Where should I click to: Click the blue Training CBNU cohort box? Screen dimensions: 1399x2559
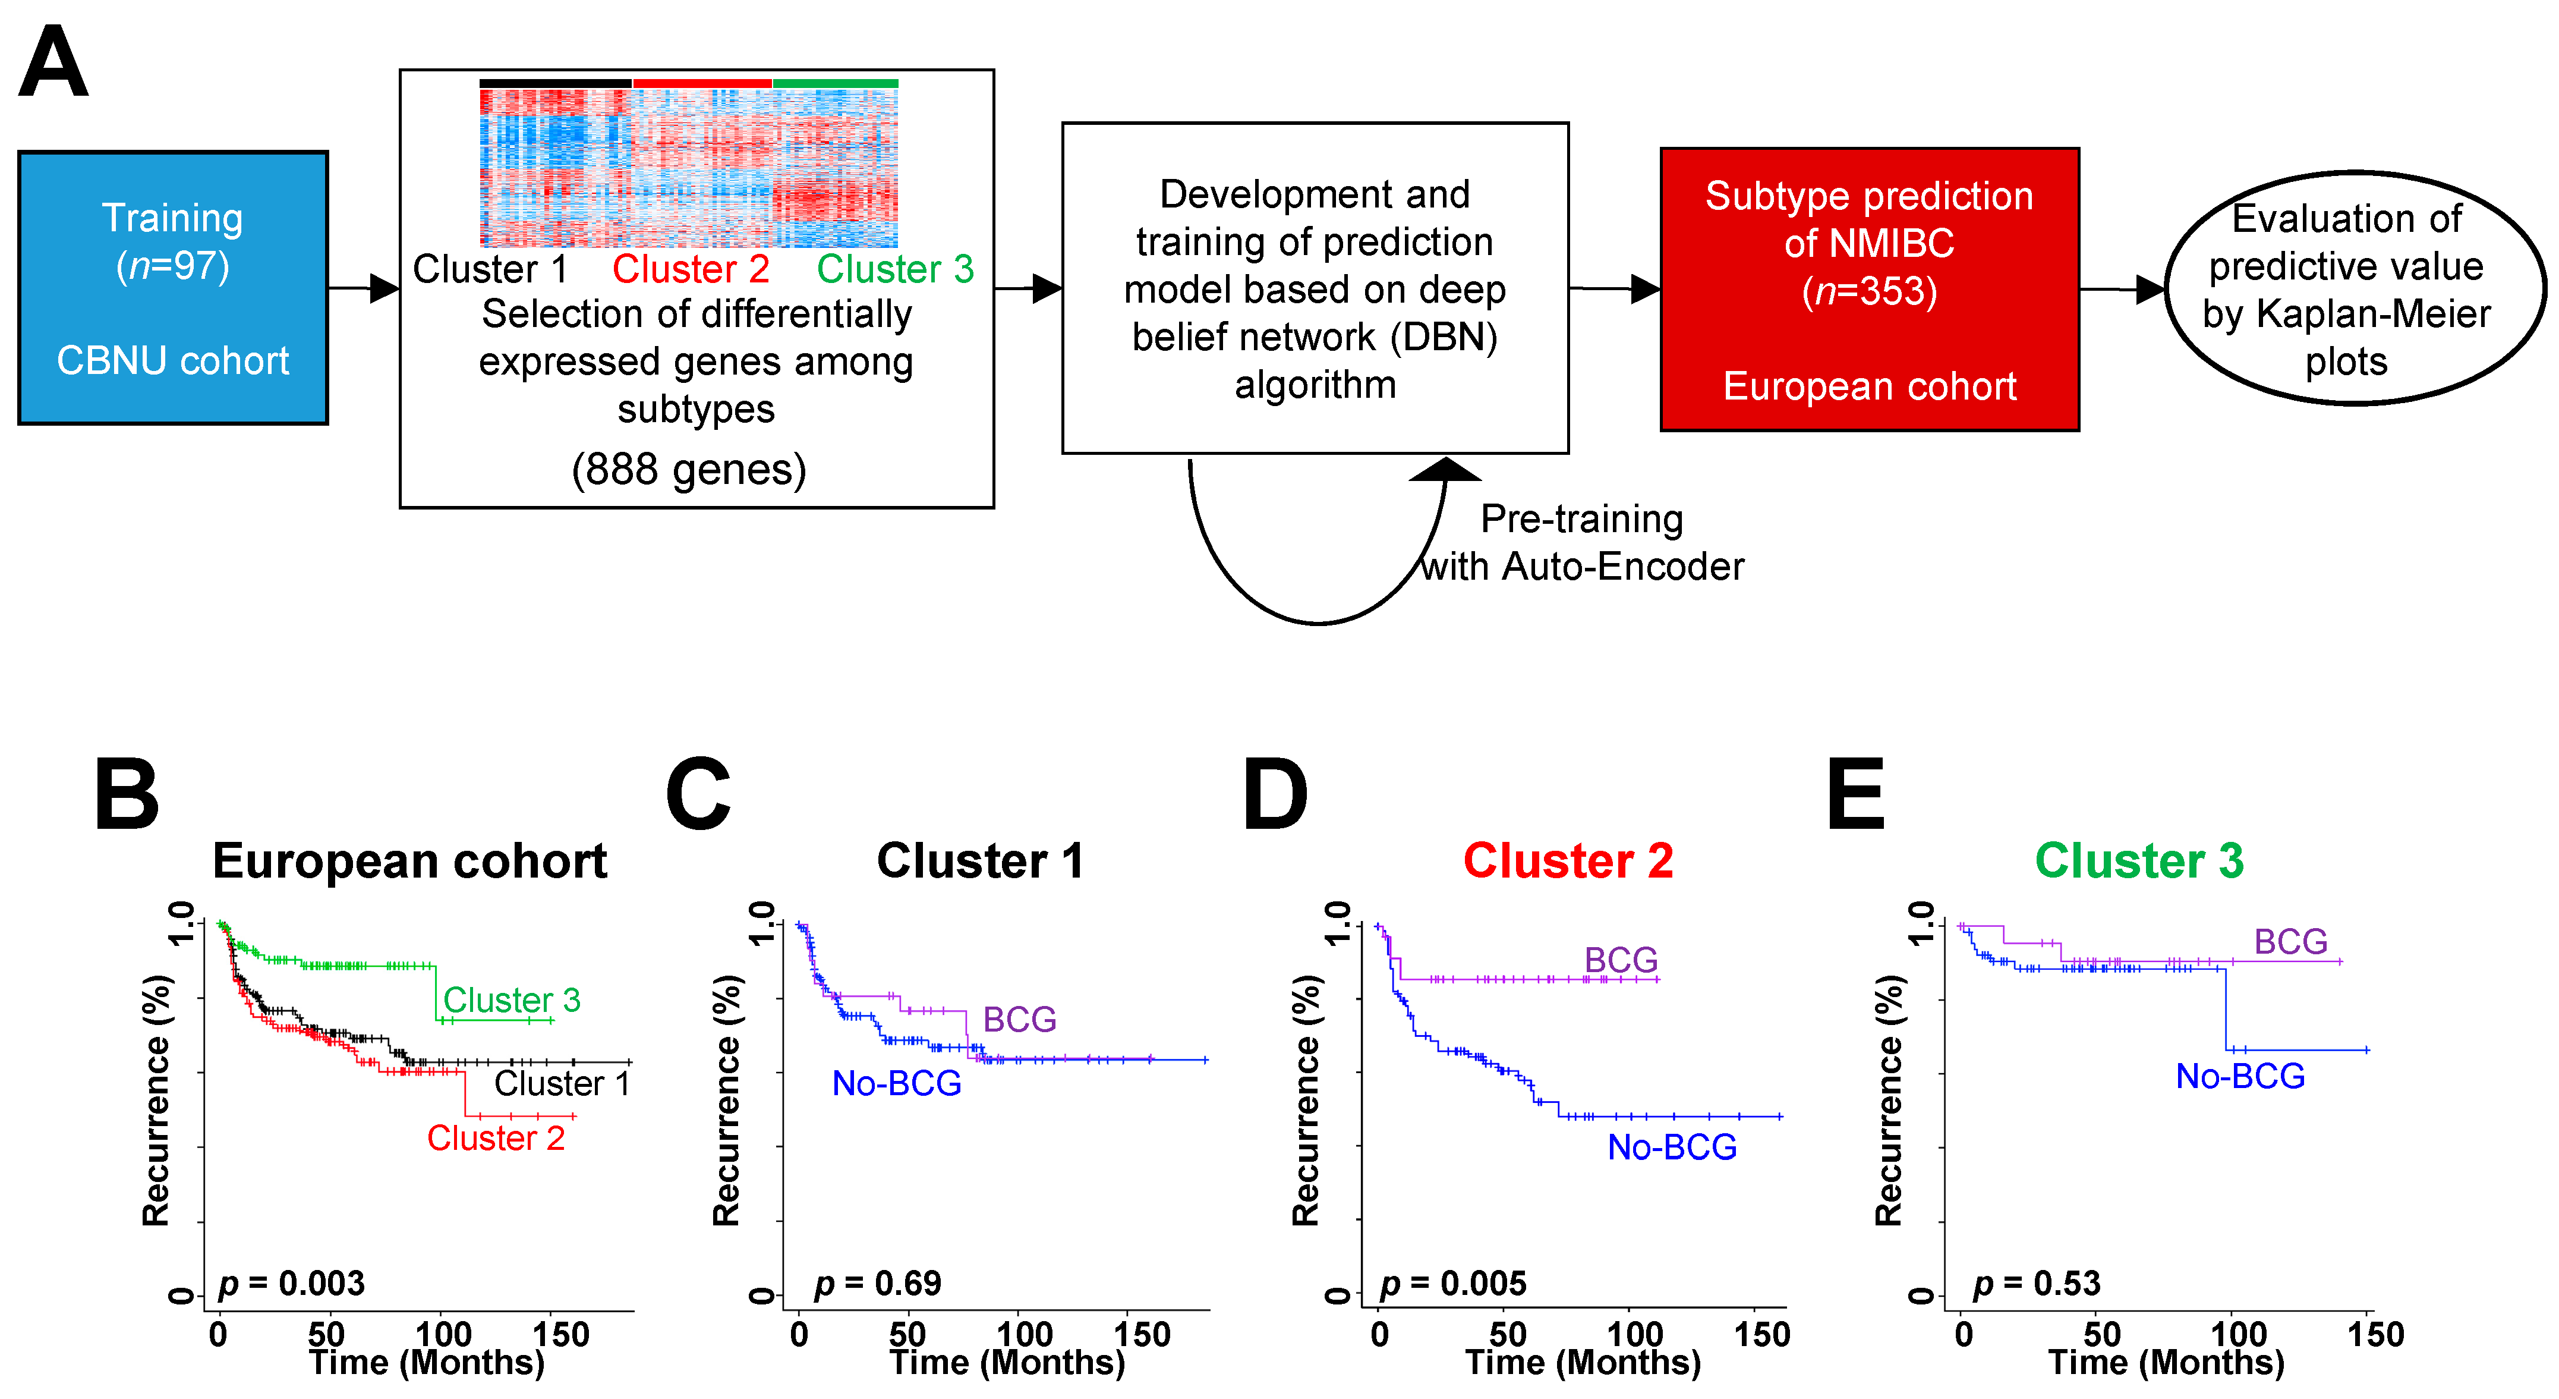tap(173, 288)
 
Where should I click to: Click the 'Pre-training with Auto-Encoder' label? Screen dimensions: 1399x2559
tap(1581, 542)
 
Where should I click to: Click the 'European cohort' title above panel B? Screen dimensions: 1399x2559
tap(409, 860)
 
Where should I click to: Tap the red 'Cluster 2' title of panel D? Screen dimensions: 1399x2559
tap(1568, 860)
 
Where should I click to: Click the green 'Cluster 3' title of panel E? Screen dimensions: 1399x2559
tap(2139, 860)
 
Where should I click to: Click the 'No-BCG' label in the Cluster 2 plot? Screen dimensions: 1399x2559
tap(1672, 1148)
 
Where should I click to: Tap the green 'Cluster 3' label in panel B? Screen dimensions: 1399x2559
tap(512, 999)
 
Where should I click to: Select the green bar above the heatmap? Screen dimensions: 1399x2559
tap(836, 83)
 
